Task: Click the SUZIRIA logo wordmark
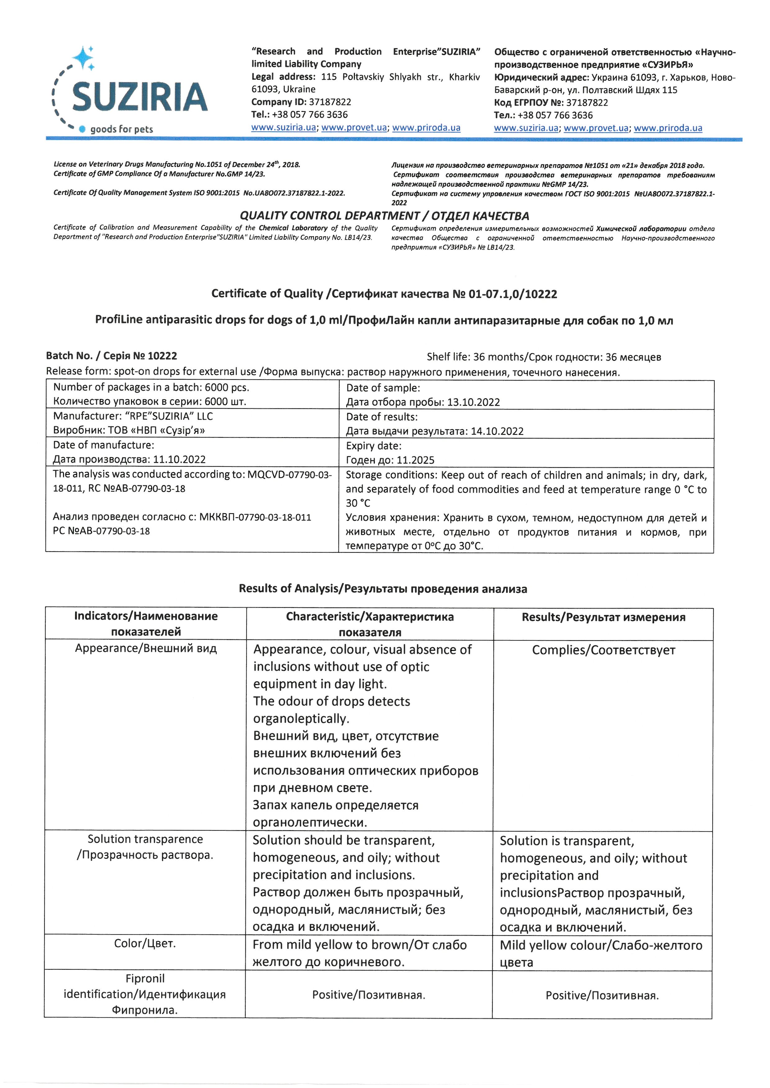[140, 97]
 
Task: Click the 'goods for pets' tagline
[121, 129]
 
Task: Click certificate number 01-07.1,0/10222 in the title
[513, 294]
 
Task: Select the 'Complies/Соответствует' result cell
[603, 650]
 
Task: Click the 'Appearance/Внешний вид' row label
[146, 648]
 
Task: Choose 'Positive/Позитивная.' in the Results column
[602, 996]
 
